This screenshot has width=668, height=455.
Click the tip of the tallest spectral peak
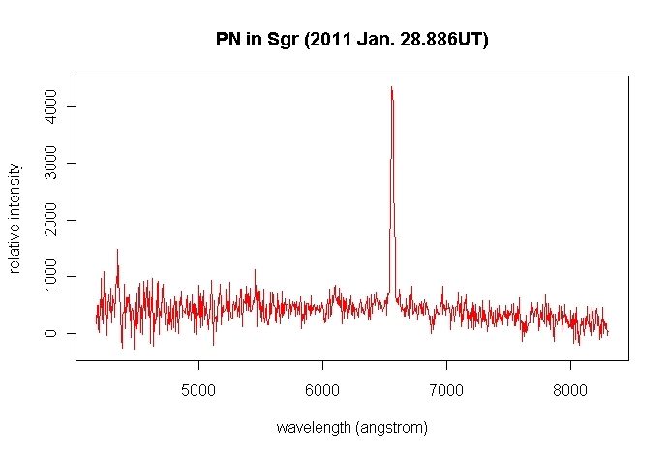(391, 87)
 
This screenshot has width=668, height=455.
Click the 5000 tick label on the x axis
(198, 394)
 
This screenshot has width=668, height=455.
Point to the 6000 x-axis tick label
(322, 394)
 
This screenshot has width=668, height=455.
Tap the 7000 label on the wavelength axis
(446, 394)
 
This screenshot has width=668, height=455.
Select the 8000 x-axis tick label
(570, 394)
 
